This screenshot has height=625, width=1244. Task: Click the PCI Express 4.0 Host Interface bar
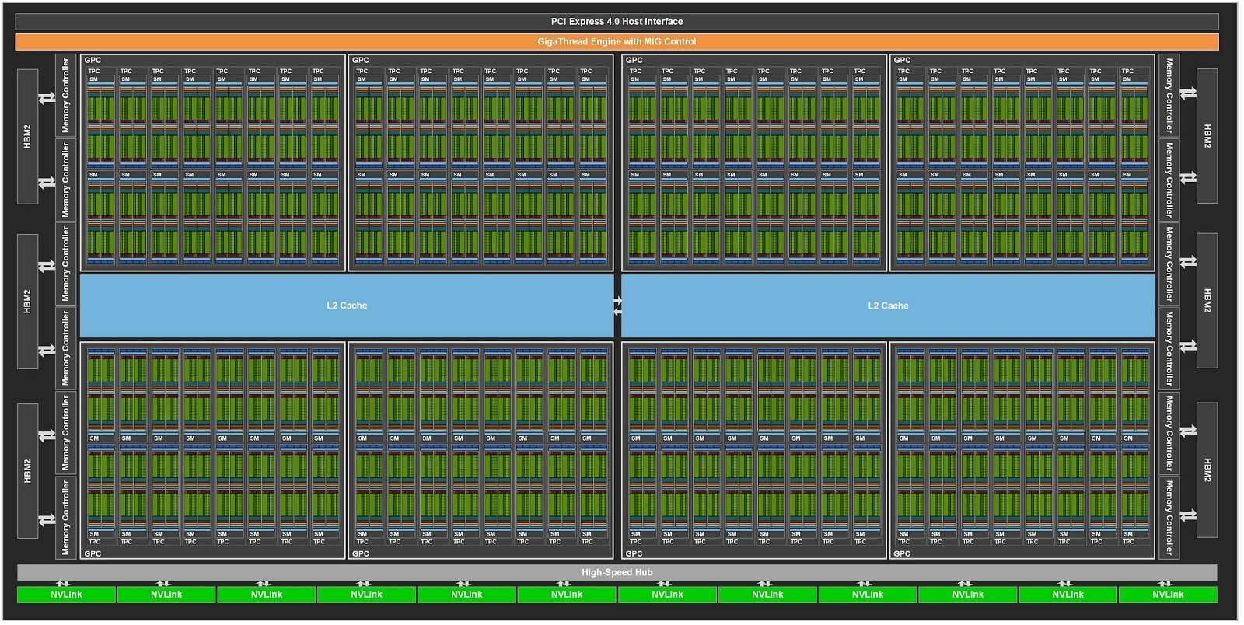coord(617,22)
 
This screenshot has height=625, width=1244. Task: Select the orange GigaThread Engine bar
coord(617,42)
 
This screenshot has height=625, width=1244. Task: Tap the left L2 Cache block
coord(347,306)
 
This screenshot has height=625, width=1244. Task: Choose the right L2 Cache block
coord(888,306)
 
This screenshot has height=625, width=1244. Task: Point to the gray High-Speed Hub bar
coord(617,573)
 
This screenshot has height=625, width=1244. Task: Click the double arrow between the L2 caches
coord(617,306)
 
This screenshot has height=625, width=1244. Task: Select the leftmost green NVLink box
coord(66,595)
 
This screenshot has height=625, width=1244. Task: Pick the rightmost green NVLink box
coord(1168,595)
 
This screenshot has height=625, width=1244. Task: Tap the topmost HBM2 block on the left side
coord(28,136)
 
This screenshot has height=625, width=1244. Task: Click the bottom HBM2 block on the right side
coord(1207,470)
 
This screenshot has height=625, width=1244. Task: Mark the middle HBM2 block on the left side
coord(28,302)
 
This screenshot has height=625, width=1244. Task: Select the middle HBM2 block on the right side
coord(1207,300)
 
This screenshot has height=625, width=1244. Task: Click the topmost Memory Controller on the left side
coord(65,95)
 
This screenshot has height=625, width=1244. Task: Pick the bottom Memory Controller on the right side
coord(1169,517)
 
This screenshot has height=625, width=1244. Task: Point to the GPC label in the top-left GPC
coord(93,60)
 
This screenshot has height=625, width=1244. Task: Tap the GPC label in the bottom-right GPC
coord(902,553)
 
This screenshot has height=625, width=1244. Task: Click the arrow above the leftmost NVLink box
coord(63,584)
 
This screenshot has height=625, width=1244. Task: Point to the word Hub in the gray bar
coord(645,573)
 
